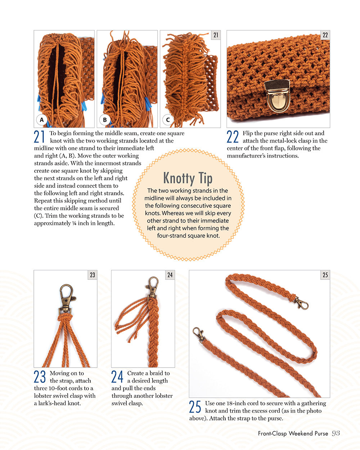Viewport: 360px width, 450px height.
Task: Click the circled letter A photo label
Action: pyautogui.click(x=42, y=120)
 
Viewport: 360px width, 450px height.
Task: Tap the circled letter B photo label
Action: pyautogui.click(x=105, y=120)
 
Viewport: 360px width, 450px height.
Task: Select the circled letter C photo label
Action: pyautogui.click(x=168, y=120)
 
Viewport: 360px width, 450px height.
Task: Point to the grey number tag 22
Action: pyautogui.click(x=325, y=35)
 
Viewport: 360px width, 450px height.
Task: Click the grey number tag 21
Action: pyautogui.click(x=216, y=35)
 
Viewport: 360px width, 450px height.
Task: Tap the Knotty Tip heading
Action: pyautogui.click(x=188, y=178)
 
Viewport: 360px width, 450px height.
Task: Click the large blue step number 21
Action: pyautogui.click(x=40, y=137)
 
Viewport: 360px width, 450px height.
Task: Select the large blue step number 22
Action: pyautogui.click(x=233, y=137)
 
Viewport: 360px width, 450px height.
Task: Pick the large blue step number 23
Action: pyautogui.click(x=40, y=377)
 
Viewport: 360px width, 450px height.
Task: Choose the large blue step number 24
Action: pyautogui.click(x=117, y=377)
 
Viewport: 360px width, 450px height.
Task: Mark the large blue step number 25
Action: pyautogui.click(x=195, y=407)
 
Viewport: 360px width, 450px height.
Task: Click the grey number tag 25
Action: pyautogui.click(x=325, y=275)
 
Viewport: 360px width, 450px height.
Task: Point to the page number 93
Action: pyautogui.click(x=336, y=433)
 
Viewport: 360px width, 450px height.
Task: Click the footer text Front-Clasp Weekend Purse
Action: pyautogui.click(x=293, y=433)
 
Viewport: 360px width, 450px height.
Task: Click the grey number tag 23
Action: pyautogui.click(x=93, y=275)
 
